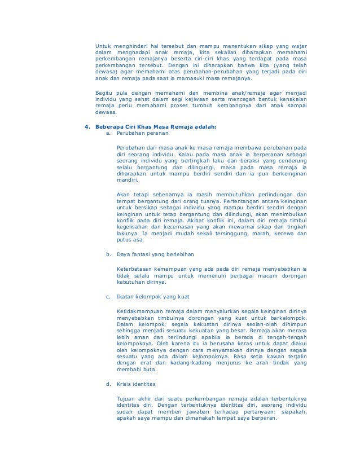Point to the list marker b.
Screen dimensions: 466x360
pyautogui.click(x=108, y=254)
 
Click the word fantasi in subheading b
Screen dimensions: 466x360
pyautogui.click(x=139, y=254)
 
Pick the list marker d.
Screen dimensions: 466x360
pyautogui.click(x=108, y=384)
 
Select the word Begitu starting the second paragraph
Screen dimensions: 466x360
pyautogui.click(x=104, y=91)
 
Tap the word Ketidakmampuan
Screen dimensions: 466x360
pyautogui.click(x=141, y=310)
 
